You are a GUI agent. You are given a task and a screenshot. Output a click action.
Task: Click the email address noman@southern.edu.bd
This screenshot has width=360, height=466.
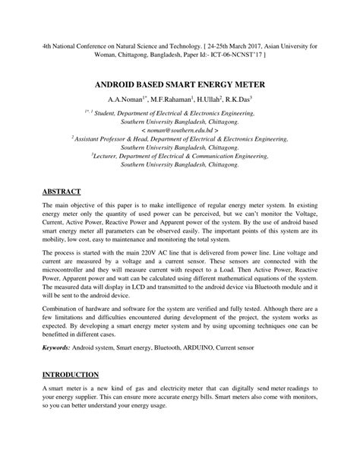[178, 129]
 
